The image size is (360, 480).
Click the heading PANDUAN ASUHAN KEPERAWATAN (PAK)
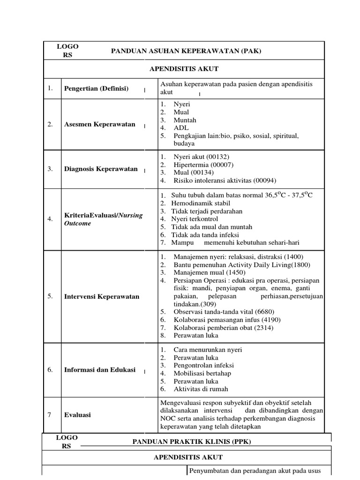pyautogui.click(x=186, y=51)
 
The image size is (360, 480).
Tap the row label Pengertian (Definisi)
pyautogui.click(x=96, y=89)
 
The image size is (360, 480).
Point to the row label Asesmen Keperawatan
pyautogui.click(x=99, y=124)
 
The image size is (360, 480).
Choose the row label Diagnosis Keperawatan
pyautogui.click(x=101, y=169)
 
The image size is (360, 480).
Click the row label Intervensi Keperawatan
pyautogui.click(x=101, y=297)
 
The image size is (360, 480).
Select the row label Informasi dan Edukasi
pyautogui.click(x=99, y=370)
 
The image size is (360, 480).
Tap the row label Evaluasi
pyautogui.click(x=77, y=415)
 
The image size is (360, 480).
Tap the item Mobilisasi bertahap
pyautogui.click(x=202, y=374)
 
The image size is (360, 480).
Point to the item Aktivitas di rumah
pyautogui.click(x=201, y=389)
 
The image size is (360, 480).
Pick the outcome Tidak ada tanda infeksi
pyautogui.click(x=205, y=234)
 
